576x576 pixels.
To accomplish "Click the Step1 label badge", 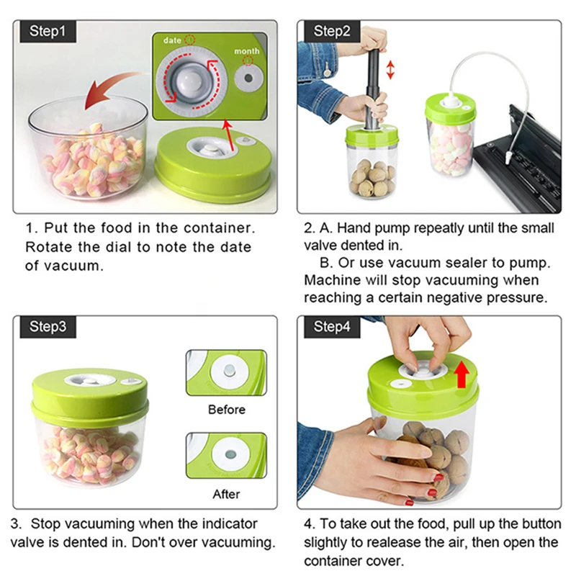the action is pos(48,32).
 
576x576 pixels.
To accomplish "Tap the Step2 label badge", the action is pos(332,32).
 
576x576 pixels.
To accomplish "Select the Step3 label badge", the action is pos(48,327).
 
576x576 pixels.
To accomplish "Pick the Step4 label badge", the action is pos(332,327).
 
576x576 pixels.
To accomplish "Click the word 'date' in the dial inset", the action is pos(172,40).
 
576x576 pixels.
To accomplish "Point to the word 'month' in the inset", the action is pos(247,51).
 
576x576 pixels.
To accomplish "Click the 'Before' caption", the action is pos(227,410).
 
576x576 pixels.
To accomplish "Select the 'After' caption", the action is pos(226,494).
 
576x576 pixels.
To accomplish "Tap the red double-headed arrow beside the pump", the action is pos(390,70).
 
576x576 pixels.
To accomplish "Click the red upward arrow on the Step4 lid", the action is pos(462,374).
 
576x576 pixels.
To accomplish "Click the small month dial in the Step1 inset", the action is pos(248,78).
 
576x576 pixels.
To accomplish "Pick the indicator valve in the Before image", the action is pos(229,370).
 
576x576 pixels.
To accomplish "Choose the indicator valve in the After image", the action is pos(230,454).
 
